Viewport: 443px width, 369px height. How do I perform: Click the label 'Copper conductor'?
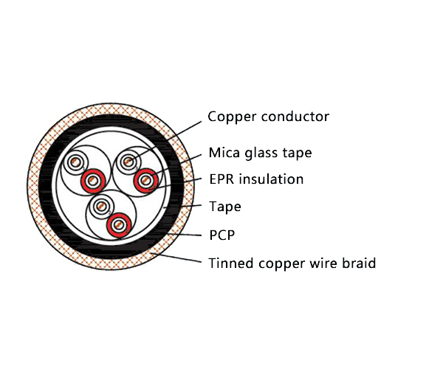[x=268, y=117]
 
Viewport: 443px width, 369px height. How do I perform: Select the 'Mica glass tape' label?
[x=260, y=154]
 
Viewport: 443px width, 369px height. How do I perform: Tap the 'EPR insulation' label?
[x=255, y=179]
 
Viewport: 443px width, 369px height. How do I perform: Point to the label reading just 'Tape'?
[x=224, y=207]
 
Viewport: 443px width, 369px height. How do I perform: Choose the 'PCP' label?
[x=221, y=235]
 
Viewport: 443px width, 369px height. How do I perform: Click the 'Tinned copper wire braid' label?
[x=292, y=263]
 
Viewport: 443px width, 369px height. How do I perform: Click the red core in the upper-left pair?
[x=93, y=179]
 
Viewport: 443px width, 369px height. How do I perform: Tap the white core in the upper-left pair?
[x=75, y=162]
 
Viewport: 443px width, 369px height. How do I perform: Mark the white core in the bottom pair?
[x=100, y=206]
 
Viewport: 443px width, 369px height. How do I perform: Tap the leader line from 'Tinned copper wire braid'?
[x=177, y=258]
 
